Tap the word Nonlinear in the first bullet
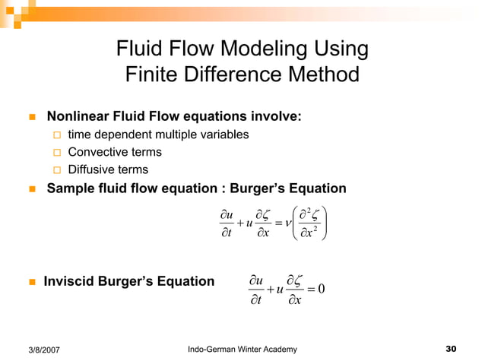coord(79,117)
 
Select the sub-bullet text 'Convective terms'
coord(115,152)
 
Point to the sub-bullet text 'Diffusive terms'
coord(108,169)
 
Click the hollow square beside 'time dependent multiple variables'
coord(56,135)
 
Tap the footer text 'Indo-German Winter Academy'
coord(242,349)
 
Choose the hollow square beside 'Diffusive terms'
coord(56,170)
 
